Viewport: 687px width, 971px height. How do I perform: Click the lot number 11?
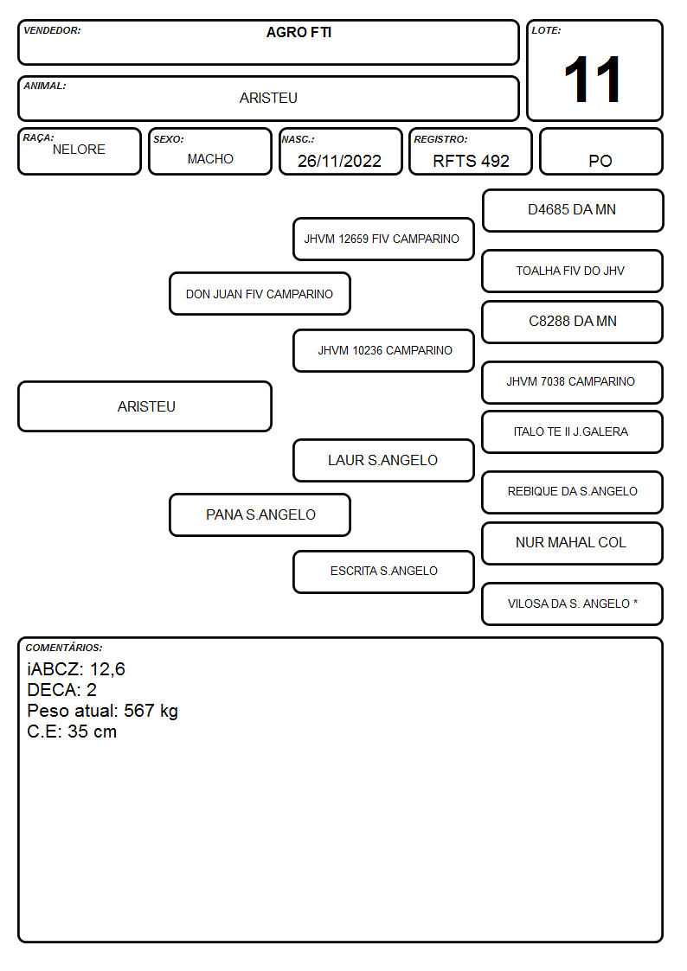pyautogui.click(x=593, y=80)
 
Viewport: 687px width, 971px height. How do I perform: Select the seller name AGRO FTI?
pyautogui.click(x=299, y=32)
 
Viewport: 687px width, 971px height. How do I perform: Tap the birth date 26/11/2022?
pyautogui.click(x=339, y=161)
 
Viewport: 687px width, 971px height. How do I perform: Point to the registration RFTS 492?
pyautogui.click(x=471, y=161)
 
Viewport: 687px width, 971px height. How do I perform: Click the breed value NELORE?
pyautogui.click(x=79, y=150)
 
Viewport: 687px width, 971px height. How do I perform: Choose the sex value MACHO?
pyautogui.click(x=210, y=159)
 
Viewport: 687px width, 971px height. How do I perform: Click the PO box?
pyautogui.click(x=600, y=151)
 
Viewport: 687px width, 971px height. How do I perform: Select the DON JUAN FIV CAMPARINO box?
pyautogui.click(x=260, y=293)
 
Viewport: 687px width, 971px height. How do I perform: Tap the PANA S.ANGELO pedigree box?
pyautogui.click(x=260, y=514)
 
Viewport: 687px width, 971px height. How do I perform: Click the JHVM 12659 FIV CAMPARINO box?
pyautogui.click(x=383, y=239)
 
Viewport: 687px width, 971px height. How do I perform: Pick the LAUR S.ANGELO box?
pyautogui.click(x=383, y=460)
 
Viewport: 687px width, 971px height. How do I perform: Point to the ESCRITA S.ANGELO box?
pyautogui.click(x=383, y=572)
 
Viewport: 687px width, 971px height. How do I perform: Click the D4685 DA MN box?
pyautogui.click(x=573, y=211)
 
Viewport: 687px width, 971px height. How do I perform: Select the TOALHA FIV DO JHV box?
pyautogui.click(x=573, y=271)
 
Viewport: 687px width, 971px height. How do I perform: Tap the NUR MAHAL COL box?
pyautogui.click(x=573, y=543)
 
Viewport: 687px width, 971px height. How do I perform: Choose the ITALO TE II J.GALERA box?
pyautogui.click(x=573, y=431)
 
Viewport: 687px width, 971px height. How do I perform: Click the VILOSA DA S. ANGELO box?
pyautogui.click(x=573, y=604)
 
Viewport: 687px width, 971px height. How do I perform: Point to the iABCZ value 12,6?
pyautogui.click(x=107, y=669)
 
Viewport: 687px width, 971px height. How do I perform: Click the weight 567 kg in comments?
pyautogui.click(x=151, y=711)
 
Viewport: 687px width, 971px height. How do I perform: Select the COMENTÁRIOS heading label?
pyautogui.click(x=64, y=648)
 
